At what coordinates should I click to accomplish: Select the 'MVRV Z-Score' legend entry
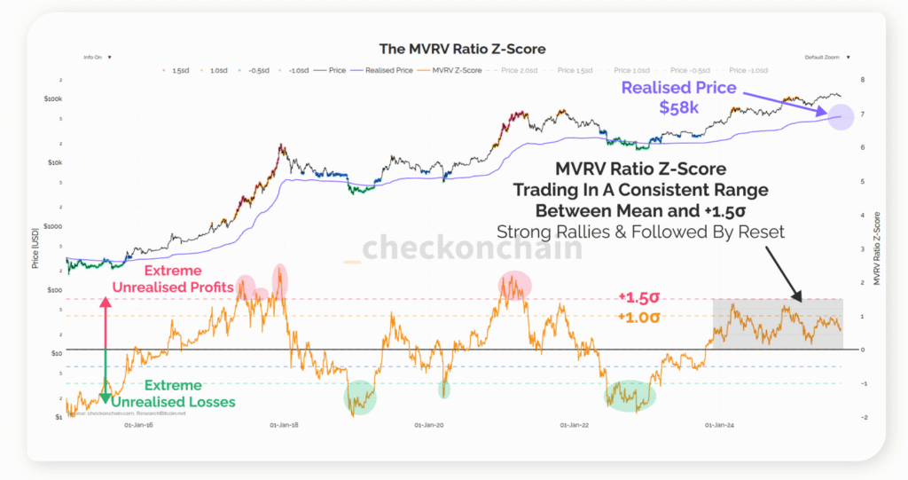click(x=456, y=69)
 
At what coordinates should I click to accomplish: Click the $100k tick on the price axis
click(x=52, y=98)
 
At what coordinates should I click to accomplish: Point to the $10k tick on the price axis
click(x=54, y=162)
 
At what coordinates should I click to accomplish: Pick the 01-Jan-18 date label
click(x=285, y=425)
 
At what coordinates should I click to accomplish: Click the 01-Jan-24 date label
click(x=719, y=425)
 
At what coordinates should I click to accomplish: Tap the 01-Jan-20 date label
click(x=429, y=425)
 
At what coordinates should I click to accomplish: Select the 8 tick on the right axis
click(x=861, y=80)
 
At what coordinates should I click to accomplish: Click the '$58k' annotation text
click(x=680, y=106)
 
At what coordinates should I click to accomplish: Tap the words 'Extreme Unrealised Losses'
click(x=174, y=393)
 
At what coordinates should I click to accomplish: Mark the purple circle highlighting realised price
click(x=839, y=116)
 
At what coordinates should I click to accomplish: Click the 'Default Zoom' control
click(x=820, y=57)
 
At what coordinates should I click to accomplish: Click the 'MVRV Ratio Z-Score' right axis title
click(x=875, y=248)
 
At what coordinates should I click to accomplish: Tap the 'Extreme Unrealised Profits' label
click(x=174, y=279)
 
